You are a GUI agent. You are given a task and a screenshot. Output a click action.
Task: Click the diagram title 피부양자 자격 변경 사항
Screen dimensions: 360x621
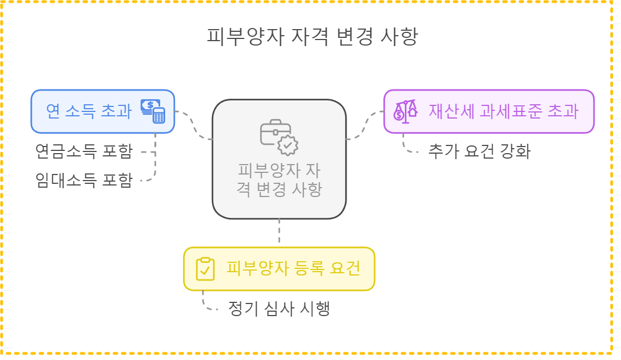click(312, 37)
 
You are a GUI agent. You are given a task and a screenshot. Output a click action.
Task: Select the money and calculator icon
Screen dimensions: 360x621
click(153, 111)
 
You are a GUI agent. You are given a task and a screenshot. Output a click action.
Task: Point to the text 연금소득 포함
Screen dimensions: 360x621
click(83, 151)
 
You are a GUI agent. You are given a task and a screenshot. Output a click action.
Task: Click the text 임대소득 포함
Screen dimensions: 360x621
click(83, 180)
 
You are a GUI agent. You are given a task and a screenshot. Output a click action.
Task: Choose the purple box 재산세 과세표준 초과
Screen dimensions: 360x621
click(488, 111)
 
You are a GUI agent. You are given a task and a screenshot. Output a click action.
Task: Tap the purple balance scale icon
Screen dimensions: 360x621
click(405, 111)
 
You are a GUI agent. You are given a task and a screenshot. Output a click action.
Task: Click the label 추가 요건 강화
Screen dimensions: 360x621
click(479, 151)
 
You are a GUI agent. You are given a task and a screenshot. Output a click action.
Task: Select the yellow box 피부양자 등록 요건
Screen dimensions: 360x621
click(279, 269)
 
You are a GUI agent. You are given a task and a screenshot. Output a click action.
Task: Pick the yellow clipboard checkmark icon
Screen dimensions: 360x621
click(205, 269)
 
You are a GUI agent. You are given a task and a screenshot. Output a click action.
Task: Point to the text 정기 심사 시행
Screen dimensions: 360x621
click(279, 308)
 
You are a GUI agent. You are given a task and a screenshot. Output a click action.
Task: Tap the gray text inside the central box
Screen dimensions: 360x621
click(279, 180)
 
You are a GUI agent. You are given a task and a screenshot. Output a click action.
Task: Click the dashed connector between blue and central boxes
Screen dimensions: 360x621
click(194, 126)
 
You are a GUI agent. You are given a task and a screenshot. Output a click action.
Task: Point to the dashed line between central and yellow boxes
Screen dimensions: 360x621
click(279, 233)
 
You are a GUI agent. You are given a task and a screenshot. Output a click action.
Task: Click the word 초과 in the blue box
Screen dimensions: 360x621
click(117, 111)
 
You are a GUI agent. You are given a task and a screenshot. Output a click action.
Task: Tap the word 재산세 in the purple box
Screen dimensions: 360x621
click(445, 111)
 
